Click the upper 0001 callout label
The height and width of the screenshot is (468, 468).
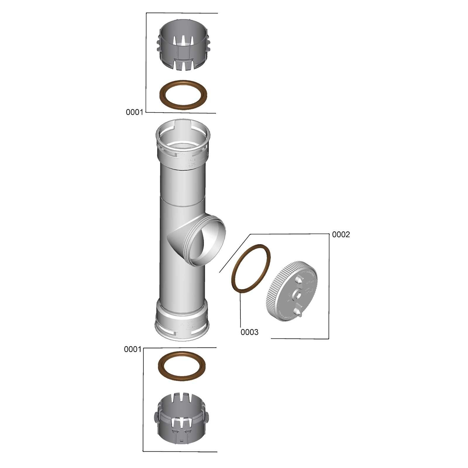[x=134, y=112]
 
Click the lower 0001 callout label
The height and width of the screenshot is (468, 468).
[x=133, y=350]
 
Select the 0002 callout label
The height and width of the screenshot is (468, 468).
[x=341, y=235]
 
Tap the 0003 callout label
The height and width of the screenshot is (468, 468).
[x=250, y=332]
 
